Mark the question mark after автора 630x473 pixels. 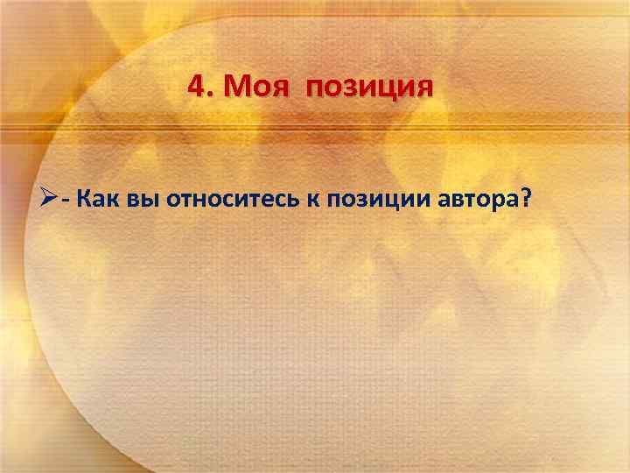pos(524,197)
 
